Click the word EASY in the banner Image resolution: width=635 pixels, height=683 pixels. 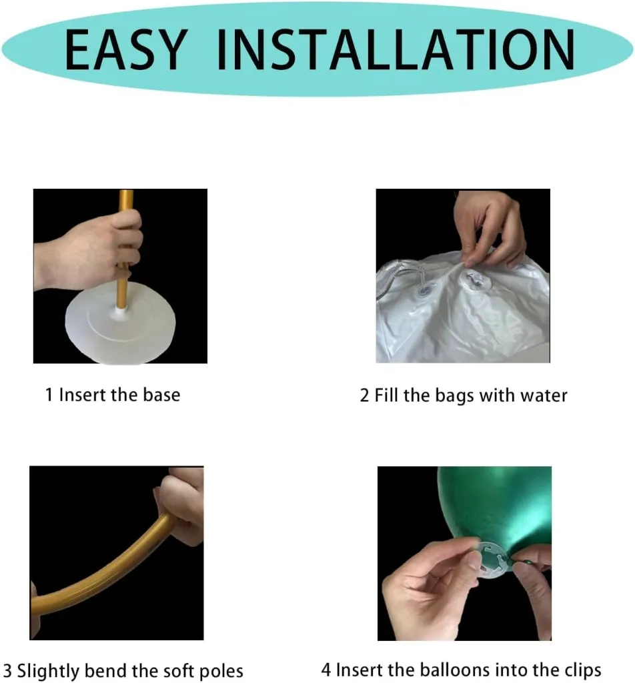[x=126, y=49]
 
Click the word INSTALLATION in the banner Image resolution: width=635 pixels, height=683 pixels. [x=396, y=49]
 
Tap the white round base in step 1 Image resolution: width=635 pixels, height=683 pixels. [x=120, y=322]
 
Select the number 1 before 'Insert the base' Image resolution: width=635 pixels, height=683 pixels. [x=49, y=395]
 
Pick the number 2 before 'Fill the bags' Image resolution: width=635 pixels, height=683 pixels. [x=364, y=396]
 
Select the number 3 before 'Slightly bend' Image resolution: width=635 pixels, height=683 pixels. [x=7, y=671]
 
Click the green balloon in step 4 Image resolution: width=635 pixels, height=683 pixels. [x=494, y=510]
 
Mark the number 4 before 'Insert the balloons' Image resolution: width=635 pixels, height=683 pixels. [x=326, y=670]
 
